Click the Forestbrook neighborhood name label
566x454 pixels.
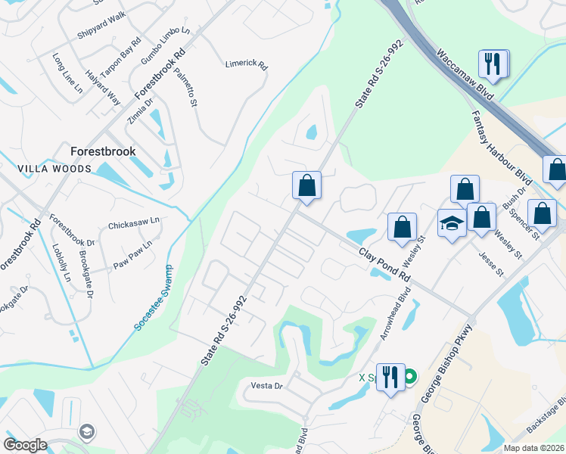click(x=103, y=151)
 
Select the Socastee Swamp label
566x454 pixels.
click(x=154, y=297)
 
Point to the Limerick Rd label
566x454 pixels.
click(x=247, y=65)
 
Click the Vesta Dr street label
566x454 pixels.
click(x=266, y=386)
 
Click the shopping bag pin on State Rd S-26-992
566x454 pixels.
click(x=306, y=186)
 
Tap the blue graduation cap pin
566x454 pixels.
click(x=451, y=224)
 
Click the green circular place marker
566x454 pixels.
click(x=410, y=375)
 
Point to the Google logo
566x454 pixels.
click(x=26, y=445)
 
